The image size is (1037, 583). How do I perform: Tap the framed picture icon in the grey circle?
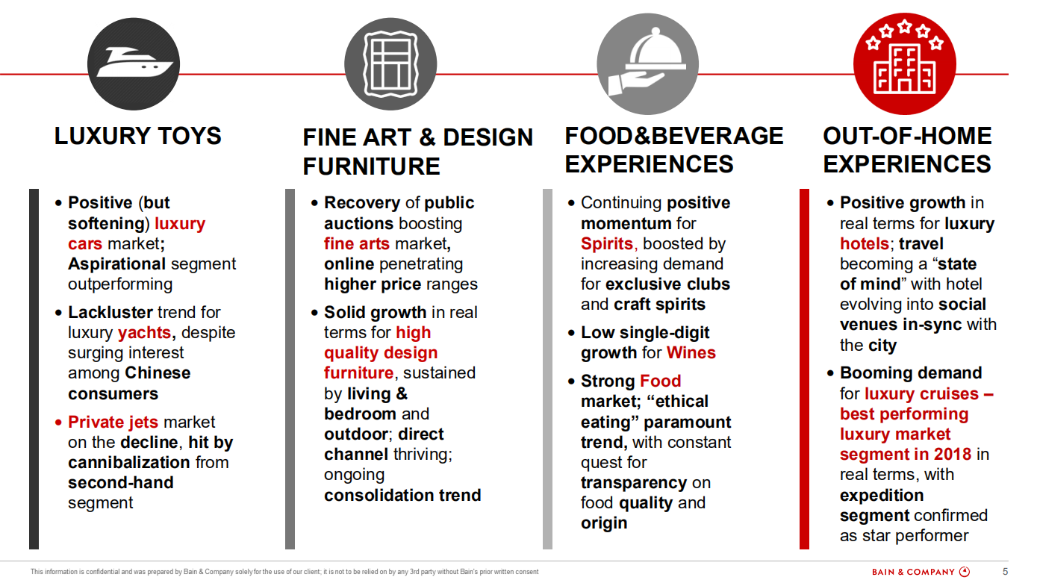[x=390, y=64]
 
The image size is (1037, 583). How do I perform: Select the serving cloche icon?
[x=647, y=62]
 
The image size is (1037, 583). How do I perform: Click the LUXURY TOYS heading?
[x=138, y=136]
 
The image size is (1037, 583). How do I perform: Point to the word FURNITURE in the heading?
[x=371, y=166]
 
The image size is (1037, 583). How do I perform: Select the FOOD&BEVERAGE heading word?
[x=673, y=136]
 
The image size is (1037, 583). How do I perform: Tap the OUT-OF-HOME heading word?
[x=907, y=136]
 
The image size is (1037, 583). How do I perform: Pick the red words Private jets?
[x=113, y=422]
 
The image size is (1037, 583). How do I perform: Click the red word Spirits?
[x=607, y=243]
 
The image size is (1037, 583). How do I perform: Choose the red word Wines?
[x=691, y=353]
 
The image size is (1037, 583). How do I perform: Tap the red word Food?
[x=660, y=381]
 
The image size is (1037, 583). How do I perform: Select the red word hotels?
[x=865, y=243]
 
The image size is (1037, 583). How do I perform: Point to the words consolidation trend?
[x=402, y=495]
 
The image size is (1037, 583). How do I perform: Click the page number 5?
[x=1005, y=571]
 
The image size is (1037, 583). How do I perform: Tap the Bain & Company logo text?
[x=913, y=572]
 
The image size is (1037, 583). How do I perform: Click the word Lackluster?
[x=110, y=312]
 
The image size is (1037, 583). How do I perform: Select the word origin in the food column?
[x=604, y=523]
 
